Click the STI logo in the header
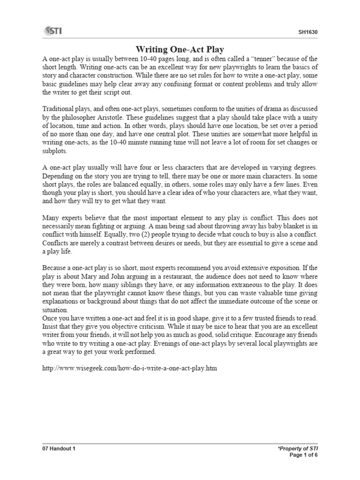click(x=53, y=31)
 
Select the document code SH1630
click(x=307, y=32)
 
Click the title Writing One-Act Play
click(x=180, y=49)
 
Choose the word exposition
click(x=290, y=268)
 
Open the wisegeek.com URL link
click(x=130, y=369)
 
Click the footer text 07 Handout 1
click(x=59, y=449)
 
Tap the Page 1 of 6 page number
click(x=304, y=456)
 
